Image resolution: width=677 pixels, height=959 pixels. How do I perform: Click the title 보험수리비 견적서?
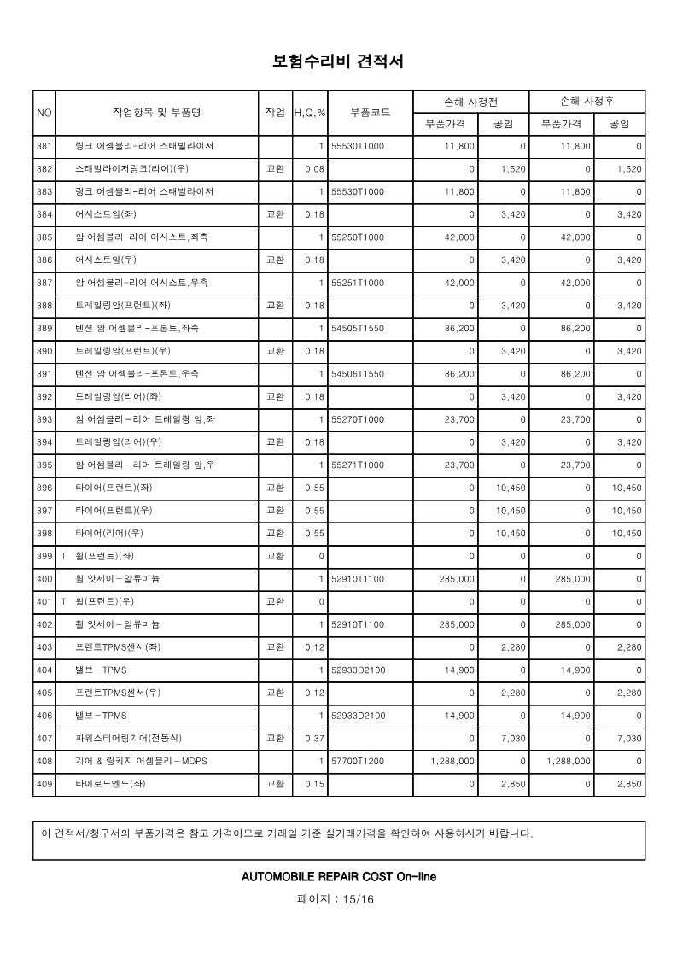point(338,61)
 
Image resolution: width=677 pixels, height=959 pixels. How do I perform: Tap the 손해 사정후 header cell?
point(587,101)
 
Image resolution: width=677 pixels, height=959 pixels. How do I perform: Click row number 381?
point(44,146)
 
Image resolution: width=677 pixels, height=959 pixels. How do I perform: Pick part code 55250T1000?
point(358,237)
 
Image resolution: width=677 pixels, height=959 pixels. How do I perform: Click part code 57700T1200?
point(358,760)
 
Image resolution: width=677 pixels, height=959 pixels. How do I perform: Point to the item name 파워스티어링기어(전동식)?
point(128,738)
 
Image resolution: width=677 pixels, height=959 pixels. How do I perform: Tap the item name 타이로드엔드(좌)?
point(110,783)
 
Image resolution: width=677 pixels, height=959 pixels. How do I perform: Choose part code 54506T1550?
point(358,373)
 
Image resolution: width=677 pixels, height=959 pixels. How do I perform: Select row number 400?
point(44,578)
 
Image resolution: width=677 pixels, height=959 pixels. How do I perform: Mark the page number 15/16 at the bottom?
point(338,899)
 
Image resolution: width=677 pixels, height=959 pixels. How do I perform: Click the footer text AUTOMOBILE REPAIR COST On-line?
point(338,876)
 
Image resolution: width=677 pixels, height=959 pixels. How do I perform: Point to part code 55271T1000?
point(358,465)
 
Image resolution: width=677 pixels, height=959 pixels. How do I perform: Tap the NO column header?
point(44,112)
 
